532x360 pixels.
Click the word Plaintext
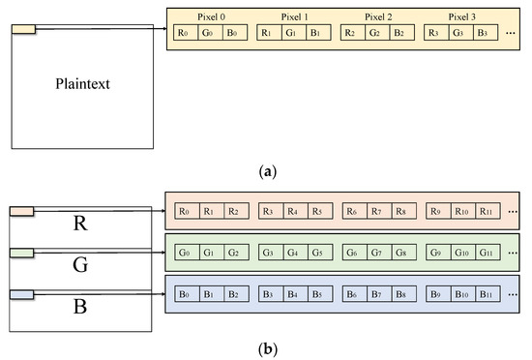pos(82,84)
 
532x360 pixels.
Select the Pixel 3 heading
pos(462,16)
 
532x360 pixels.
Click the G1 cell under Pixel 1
pos(291,34)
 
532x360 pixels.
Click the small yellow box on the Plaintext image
pos(23,28)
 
